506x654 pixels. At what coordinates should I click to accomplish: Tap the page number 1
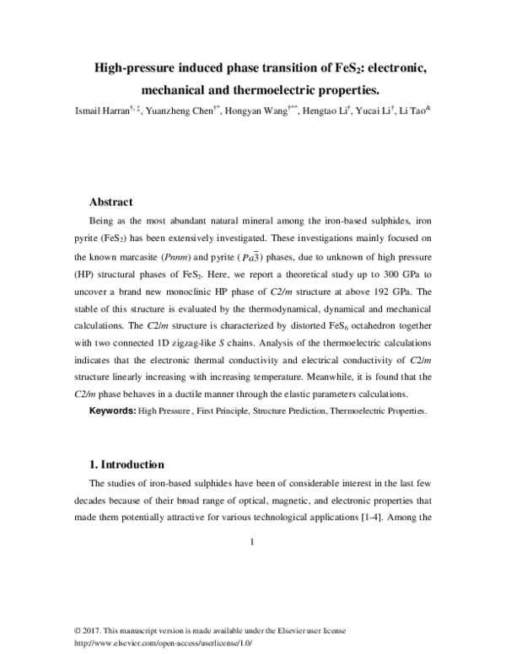click(x=252, y=542)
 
